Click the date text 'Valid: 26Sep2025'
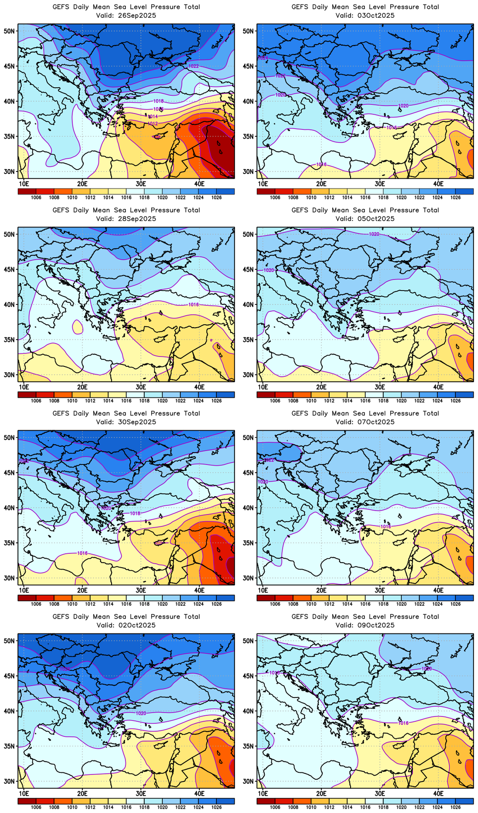tap(126, 15)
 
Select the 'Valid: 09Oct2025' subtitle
tap(365, 625)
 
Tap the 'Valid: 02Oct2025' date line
tap(126, 625)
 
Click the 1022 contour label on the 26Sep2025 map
tap(194, 66)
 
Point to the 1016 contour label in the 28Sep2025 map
tap(194, 305)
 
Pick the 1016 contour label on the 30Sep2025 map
tap(82, 553)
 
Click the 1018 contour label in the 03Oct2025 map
tap(392, 128)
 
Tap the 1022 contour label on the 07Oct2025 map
tap(269, 460)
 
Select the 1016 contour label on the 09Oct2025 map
tap(404, 723)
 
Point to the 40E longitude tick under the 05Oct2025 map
tap(438, 387)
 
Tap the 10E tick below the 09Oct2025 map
tap(263, 793)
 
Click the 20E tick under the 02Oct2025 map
tap(82, 793)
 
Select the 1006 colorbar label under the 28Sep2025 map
tap(36, 401)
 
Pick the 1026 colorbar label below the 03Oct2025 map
tap(455, 197)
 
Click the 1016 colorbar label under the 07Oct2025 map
tap(365, 604)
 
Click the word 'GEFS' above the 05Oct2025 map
tap(300, 210)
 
